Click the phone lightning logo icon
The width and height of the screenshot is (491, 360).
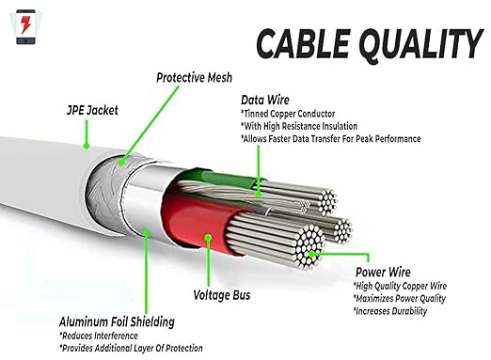pos(25,27)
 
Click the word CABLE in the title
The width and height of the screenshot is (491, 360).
pos(303,43)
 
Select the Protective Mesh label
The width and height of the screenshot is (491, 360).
pos(194,78)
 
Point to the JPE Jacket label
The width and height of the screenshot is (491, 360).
pos(92,110)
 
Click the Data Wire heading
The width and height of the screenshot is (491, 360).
pos(265,100)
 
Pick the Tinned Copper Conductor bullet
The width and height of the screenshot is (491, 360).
pos(288,114)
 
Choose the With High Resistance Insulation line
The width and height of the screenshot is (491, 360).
pos(299,126)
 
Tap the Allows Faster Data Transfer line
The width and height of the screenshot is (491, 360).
pos(330,138)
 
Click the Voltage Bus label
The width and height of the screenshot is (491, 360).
pos(222,295)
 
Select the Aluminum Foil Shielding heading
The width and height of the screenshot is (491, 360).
pos(117,321)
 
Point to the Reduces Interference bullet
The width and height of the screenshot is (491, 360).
pos(99,336)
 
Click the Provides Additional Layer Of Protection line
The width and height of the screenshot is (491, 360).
pos(131,348)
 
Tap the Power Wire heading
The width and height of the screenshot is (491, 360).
pos(383,272)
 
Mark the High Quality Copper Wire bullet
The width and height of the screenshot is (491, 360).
pos(400,286)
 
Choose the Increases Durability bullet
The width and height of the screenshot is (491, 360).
pos(390,311)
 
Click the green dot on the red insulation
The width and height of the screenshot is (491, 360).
pos(208,238)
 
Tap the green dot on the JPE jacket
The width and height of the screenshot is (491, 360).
pos(87,146)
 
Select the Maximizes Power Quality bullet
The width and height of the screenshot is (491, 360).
pos(400,298)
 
